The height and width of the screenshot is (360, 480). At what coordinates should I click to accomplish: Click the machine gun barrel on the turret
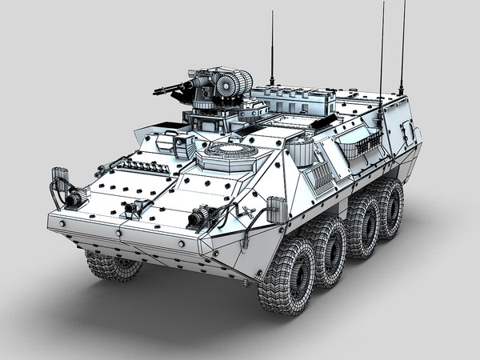click(178, 86)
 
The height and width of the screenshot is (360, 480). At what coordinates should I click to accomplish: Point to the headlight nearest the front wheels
click(200, 217)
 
